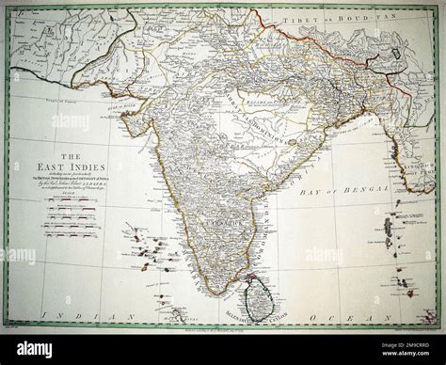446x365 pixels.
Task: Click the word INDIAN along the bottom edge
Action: point(81,318)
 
